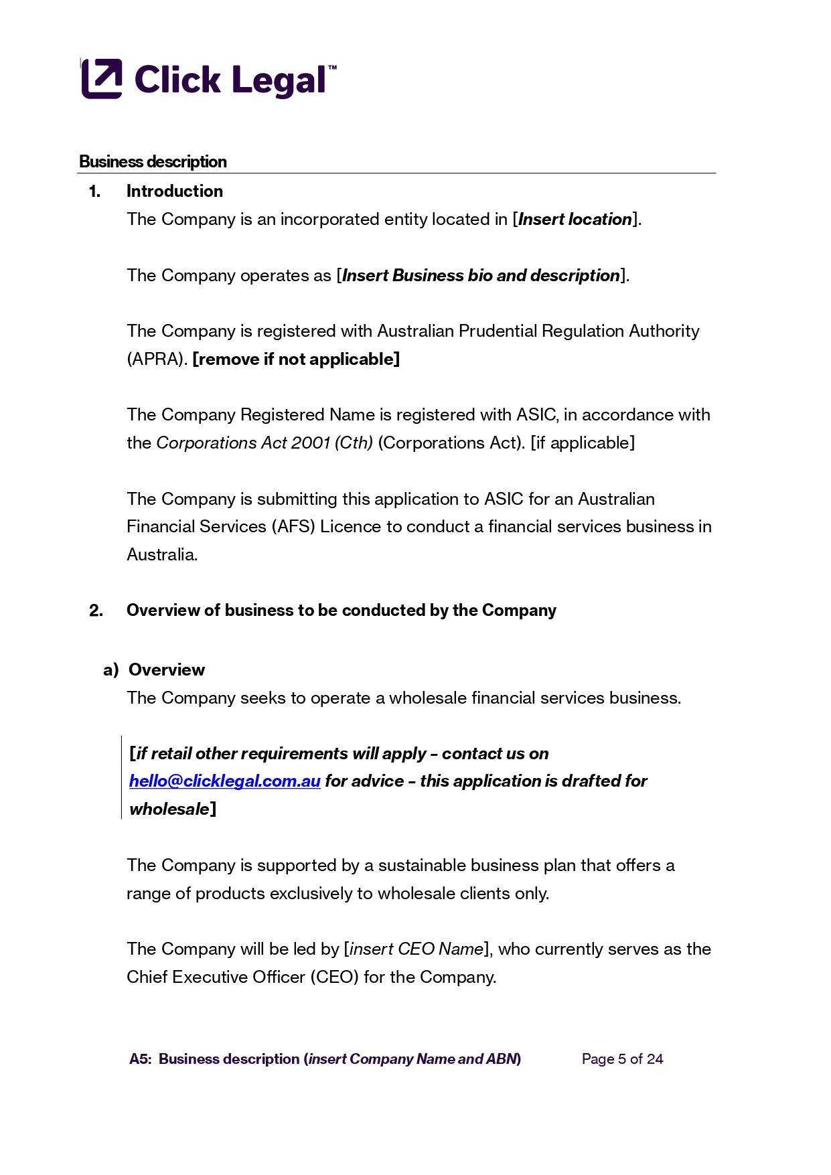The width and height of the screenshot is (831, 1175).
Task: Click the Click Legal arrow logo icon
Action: click(x=102, y=79)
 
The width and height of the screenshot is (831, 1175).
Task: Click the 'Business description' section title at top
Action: click(x=153, y=162)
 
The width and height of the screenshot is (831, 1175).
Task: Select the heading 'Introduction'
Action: click(x=174, y=191)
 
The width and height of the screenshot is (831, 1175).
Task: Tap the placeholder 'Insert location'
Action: click(x=575, y=220)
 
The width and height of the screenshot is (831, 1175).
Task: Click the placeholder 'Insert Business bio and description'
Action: click(x=481, y=276)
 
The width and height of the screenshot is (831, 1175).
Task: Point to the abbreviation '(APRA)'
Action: click(x=157, y=360)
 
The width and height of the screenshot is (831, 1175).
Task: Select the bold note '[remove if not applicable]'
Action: click(x=296, y=360)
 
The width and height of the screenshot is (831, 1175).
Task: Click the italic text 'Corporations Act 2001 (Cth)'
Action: click(x=264, y=443)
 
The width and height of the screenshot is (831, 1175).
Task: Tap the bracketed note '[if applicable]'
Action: click(x=582, y=443)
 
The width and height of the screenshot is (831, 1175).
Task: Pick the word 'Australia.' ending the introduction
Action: click(x=162, y=555)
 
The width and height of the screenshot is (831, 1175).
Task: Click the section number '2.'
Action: click(x=96, y=611)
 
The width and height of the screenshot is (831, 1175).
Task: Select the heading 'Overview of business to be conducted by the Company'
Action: click(x=341, y=611)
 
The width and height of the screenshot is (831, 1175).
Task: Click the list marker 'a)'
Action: click(x=110, y=670)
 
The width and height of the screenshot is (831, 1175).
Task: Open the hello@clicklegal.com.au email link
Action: click(x=224, y=781)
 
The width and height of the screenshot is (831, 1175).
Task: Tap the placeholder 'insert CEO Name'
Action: click(x=417, y=949)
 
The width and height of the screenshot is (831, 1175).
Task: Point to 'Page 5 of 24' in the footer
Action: click(x=622, y=1059)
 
